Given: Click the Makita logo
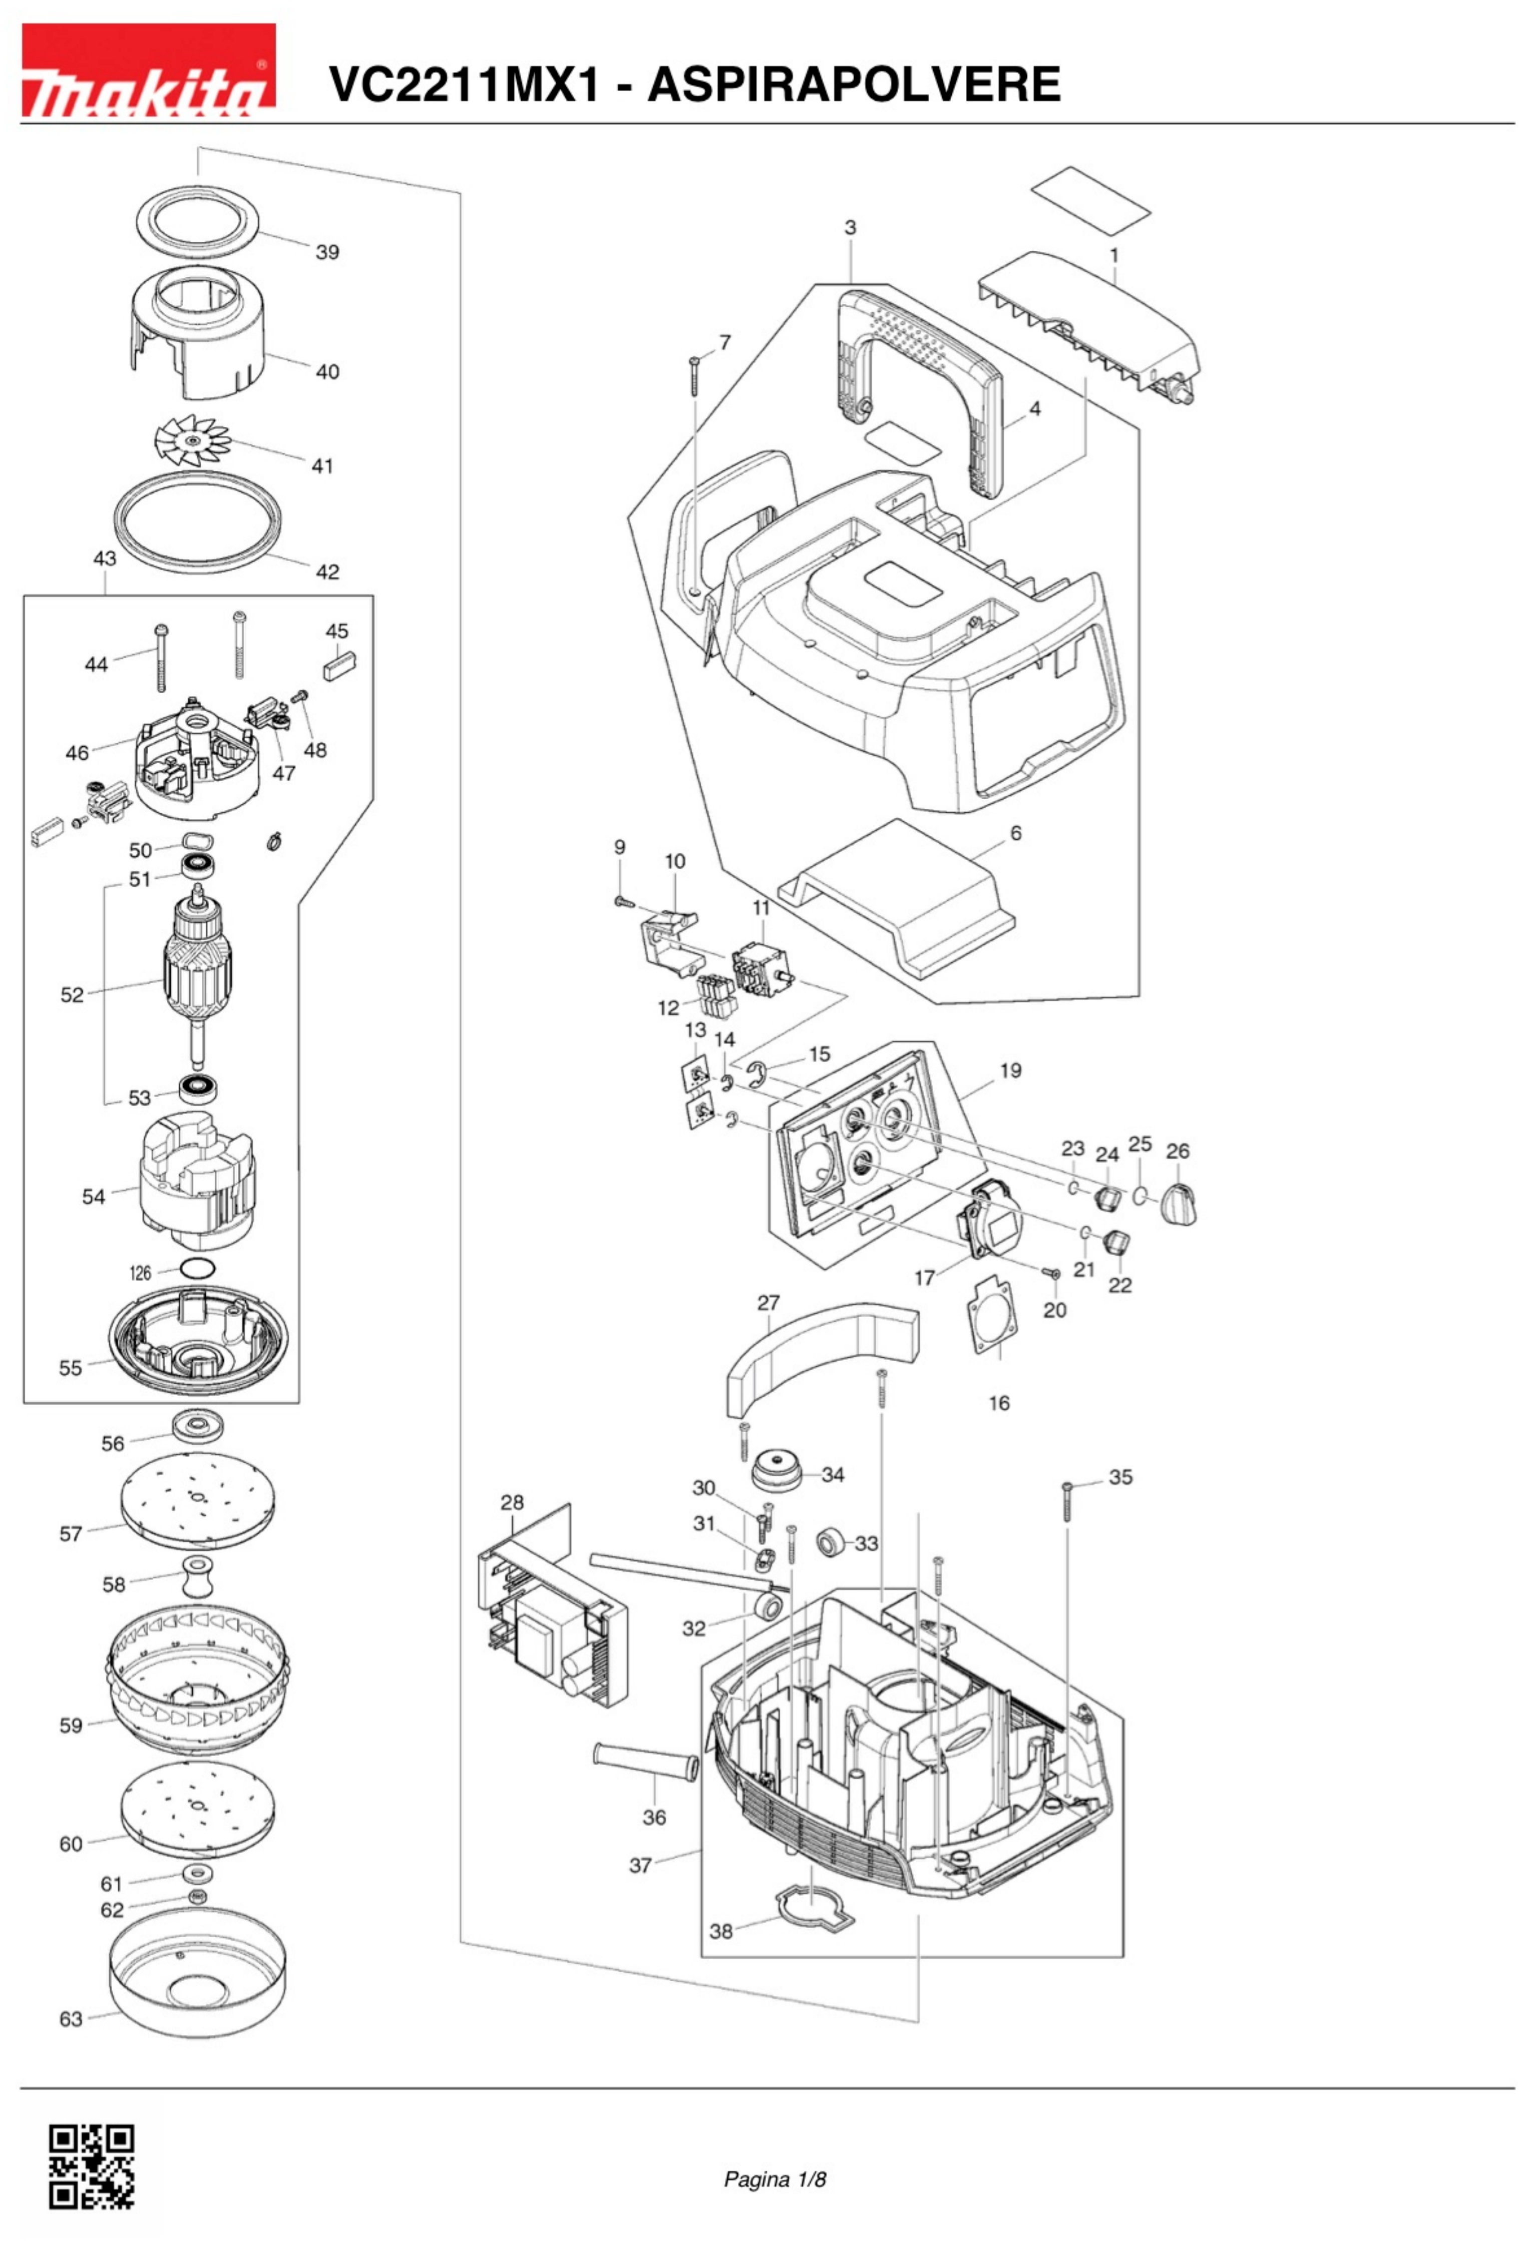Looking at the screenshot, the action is [149, 71].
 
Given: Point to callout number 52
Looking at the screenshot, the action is [72, 995].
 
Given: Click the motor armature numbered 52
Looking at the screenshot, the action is [200, 972].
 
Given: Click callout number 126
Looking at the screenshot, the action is [141, 1273].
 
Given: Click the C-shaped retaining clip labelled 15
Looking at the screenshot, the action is [758, 1076].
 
